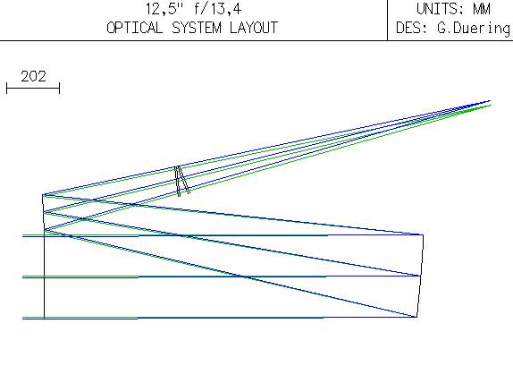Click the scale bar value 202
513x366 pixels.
click(33, 77)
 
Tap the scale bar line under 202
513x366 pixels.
click(33, 88)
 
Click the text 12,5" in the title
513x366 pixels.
click(164, 9)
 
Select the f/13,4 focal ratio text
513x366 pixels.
click(217, 9)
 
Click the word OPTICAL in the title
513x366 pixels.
click(134, 28)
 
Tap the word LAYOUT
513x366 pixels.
click(254, 28)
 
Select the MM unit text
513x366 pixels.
click(482, 9)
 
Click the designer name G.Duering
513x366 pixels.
click(474, 28)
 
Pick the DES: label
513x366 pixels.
click(412, 28)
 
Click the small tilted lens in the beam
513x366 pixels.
click(182, 181)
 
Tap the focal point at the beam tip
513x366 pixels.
click(490, 103)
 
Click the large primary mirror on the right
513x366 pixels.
click(420, 276)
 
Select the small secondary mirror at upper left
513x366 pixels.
click(43, 213)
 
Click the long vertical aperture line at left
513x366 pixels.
click(44, 275)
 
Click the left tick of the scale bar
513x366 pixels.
click(7, 88)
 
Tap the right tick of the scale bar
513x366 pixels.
click(60, 88)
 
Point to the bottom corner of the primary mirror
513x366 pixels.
click(416, 317)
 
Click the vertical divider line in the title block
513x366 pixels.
click(387, 21)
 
